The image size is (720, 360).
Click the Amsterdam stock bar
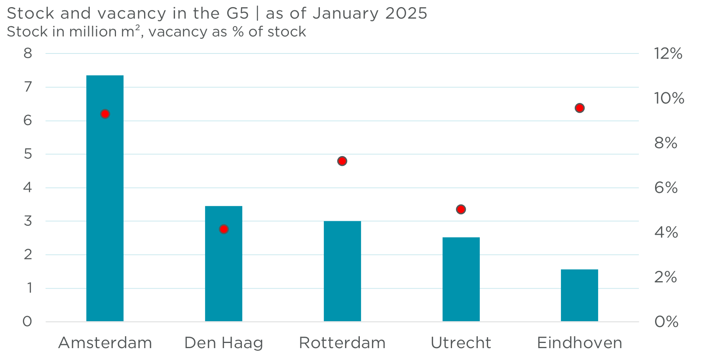click(x=105, y=198)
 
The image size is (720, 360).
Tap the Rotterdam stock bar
click(x=342, y=271)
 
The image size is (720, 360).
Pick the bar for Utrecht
click(x=461, y=279)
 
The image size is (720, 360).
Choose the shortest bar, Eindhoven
click(x=579, y=295)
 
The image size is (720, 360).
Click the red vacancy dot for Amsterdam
click(x=105, y=114)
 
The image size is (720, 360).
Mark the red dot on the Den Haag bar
click(x=224, y=229)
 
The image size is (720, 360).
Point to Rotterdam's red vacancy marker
click(x=342, y=161)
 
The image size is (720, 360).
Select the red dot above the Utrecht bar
click(x=461, y=209)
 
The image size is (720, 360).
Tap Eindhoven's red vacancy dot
click(x=579, y=108)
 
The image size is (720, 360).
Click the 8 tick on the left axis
click(x=28, y=53)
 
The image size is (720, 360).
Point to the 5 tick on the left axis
click(x=28, y=154)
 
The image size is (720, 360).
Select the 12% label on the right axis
click(x=668, y=53)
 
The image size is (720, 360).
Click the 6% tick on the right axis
click(x=666, y=188)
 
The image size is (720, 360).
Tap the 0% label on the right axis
click(x=666, y=322)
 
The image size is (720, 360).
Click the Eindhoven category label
click(x=579, y=343)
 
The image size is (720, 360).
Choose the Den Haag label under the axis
click(x=224, y=343)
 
